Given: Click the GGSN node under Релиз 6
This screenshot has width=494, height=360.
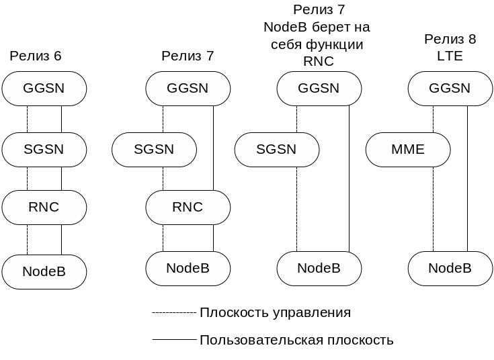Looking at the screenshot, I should pos(44,89).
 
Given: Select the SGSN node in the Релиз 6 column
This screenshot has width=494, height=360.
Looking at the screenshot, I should pos(44,150).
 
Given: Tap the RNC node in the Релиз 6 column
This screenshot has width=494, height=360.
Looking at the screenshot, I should pos(44,208).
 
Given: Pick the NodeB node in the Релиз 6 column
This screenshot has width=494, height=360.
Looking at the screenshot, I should pos(44,272).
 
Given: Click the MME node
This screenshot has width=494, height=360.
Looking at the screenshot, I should pos(408,150).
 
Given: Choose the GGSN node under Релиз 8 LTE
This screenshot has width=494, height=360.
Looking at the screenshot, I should pos(450,89).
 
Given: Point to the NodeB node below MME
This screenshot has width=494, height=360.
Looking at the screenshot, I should pos(450,269).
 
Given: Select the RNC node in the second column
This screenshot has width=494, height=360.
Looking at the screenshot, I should pos(188,208).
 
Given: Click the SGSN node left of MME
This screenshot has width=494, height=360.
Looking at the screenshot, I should pos(277,150).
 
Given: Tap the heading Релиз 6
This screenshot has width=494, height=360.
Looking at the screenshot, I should pos(36,56).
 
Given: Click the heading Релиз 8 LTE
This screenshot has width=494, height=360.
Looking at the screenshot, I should pos(450,48).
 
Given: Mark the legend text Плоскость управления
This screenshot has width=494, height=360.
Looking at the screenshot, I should pos(275,313).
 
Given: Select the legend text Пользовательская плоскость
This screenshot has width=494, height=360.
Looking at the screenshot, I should pos(296,341).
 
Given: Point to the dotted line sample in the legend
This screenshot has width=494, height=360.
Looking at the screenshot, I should pos(175,313).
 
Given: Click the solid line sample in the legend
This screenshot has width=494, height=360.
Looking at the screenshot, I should pos(175,340).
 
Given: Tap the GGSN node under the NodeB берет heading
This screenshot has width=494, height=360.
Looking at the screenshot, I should pos(319,89).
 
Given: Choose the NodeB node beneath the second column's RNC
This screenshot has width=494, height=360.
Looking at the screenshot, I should pos(188,269).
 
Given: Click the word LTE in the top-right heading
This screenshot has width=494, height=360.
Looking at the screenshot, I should pos(450,56).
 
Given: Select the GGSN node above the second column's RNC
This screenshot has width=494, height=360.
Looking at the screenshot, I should pos(188,89).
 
